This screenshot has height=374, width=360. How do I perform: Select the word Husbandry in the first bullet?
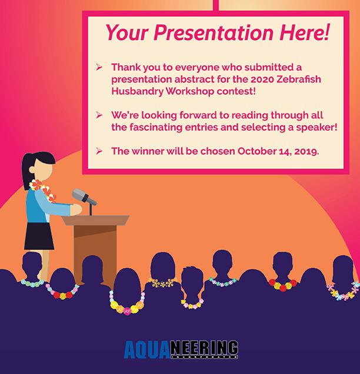tap(137, 92)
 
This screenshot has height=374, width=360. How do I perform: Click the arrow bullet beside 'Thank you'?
tap(99, 67)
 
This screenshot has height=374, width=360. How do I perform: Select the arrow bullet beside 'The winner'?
tap(99, 151)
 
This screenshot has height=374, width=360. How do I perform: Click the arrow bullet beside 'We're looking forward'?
tap(99, 115)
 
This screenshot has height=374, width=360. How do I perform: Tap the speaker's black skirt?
tap(39, 236)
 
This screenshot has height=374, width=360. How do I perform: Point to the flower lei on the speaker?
tap(44, 189)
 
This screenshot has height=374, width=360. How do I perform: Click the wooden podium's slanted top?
tap(95, 220)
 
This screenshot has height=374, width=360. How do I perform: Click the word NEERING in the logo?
tap(205, 348)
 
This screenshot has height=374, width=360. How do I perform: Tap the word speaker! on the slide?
tap(317, 128)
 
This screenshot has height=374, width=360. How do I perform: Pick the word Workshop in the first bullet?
tap(189, 92)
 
